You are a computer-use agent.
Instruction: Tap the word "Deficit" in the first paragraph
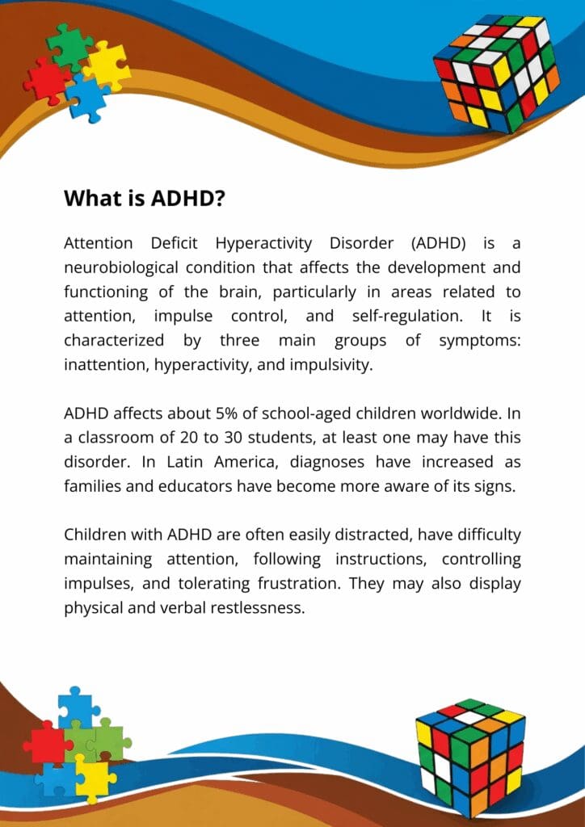pos(174,243)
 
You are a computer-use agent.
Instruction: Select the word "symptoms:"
pos(479,342)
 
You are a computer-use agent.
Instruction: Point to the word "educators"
pos(191,486)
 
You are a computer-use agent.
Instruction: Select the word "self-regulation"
pos(405,316)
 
